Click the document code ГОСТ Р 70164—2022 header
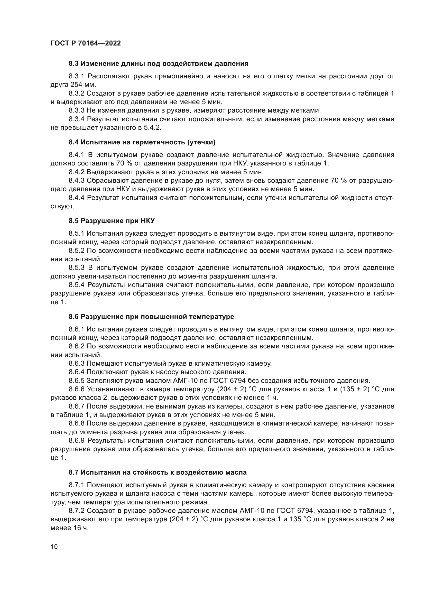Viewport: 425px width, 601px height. (x=86, y=43)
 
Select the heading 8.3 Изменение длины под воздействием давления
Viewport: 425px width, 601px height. (x=159, y=64)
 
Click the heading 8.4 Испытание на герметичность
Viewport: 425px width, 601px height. (x=142, y=142)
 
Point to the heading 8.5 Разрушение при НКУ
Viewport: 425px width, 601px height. (x=112, y=221)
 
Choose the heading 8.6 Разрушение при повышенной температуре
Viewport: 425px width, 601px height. (x=151, y=317)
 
